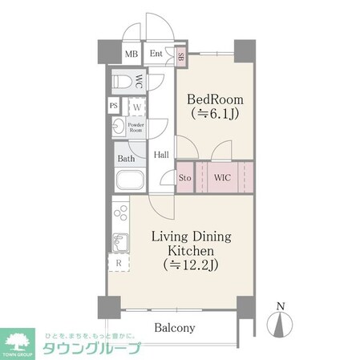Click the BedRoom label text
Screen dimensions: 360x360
(x=214, y=100)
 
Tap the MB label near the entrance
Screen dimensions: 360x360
(x=131, y=55)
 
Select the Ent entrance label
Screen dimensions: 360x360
(x=156, y=55)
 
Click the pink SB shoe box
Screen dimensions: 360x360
(x=181, y=56)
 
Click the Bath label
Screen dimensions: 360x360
(x=127, y=159)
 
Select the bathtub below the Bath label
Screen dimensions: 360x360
(x=130, y=180)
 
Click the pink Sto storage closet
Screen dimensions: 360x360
(x=184, y=176)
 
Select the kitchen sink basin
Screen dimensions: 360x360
(x=119, y=241)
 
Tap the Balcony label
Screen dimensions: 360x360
(x=175, y=328)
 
